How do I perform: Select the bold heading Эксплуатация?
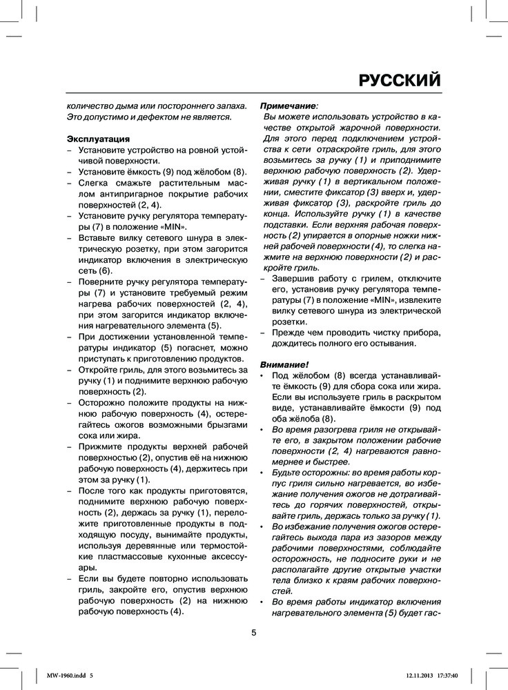(97, 139)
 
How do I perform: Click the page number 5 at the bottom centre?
(254, 633)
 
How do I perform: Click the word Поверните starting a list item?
(102, 284)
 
